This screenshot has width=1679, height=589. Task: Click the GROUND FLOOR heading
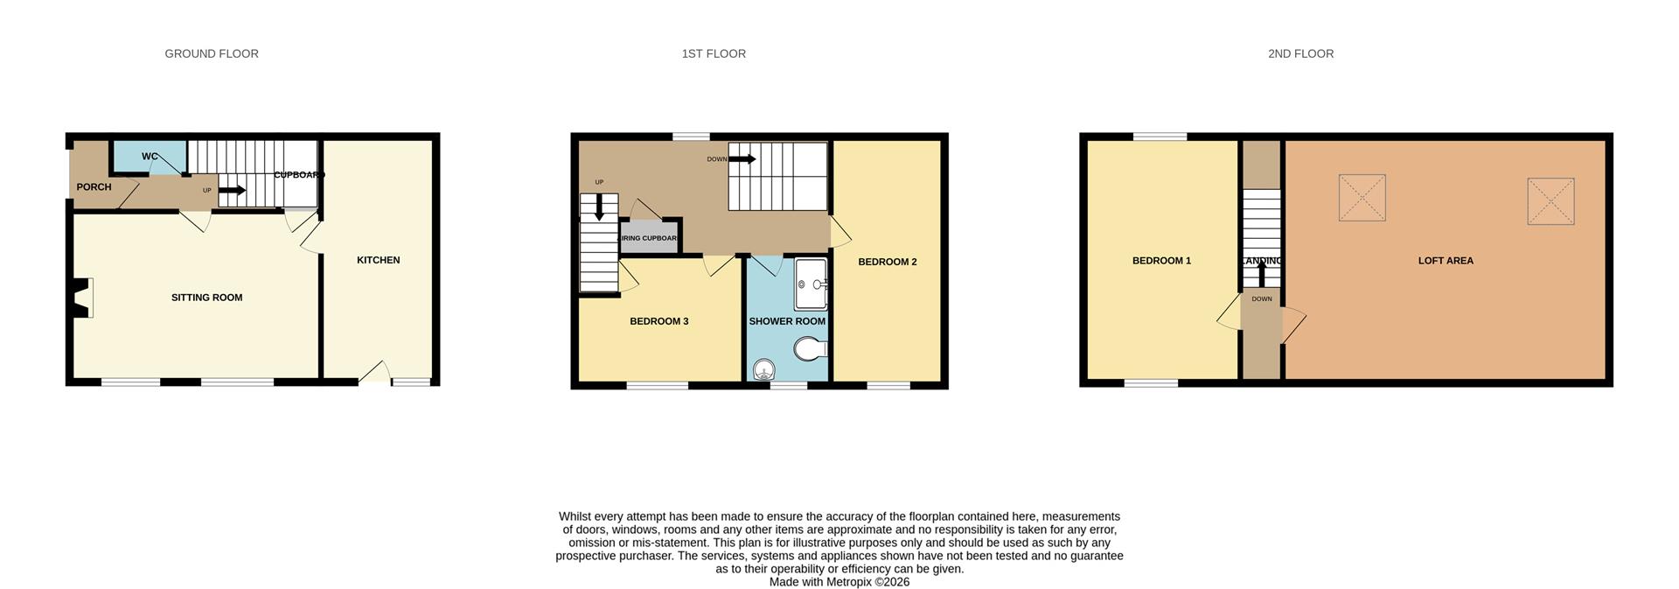[x=212, y=54]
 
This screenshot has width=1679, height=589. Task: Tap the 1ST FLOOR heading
[x=714, y=54]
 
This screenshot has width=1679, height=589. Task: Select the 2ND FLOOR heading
[x=1300, y=54]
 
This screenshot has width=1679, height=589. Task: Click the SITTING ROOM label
[x=206, y=298]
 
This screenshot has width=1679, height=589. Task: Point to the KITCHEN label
[x=378, y=260]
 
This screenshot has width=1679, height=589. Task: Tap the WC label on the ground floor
[x=150, y=157]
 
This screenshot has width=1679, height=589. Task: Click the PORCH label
[x=94, y=187]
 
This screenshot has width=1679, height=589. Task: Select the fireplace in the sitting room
[x=82, y=298]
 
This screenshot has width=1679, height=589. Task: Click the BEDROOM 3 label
[x=658, y=321]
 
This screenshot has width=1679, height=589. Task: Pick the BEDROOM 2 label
[x=887, y=262]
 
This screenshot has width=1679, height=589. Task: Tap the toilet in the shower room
[x=811, y=350]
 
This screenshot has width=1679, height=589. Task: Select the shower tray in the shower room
[x=811, y=284]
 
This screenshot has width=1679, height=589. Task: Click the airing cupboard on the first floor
[x=649, y=238]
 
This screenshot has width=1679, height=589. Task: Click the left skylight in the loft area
[x=1362, y=198]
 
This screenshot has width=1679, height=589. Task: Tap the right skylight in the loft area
[x=1550, y=202]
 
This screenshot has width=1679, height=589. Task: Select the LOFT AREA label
[x=1446, y=261]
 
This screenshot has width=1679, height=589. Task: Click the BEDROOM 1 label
[x=1161, y=261]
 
